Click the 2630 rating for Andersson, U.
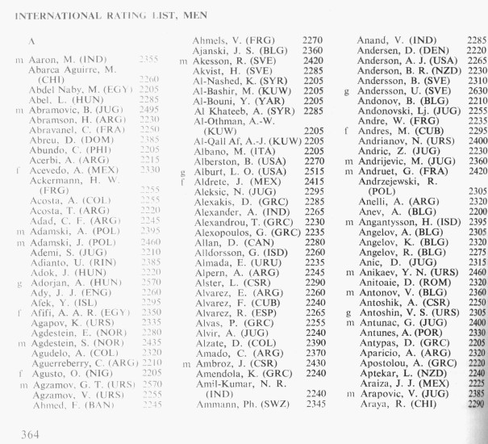(477, 90)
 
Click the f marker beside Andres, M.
(346, 130)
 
